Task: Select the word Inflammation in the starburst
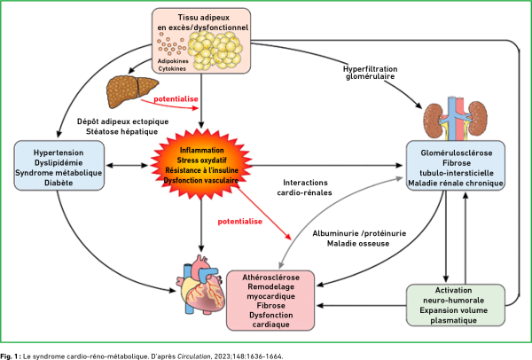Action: tap(200, 150)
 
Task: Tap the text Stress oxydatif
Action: tap(200, 160)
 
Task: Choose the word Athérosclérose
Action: tap(271, 278)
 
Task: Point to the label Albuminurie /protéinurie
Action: tap(348, 232)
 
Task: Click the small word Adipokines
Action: tap(172, 61)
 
